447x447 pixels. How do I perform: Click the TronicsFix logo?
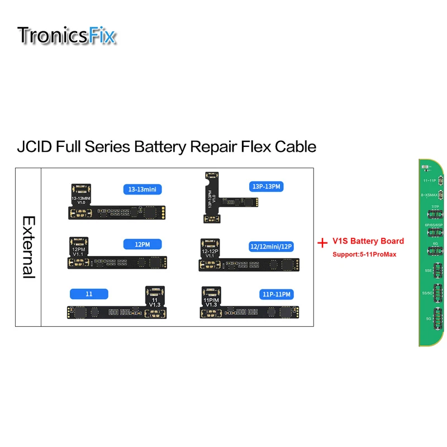click(x=67, y=35)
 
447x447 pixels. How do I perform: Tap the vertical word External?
click(x=28, y=247)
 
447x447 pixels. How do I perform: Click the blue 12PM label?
click(x=142, y=244)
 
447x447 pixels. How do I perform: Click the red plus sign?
click(x=322, y=243)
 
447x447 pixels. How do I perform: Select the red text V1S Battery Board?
click(x=368, y=241)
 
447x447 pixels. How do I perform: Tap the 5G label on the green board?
click(x=428, y=318)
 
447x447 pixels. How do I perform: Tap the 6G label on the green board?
click(x=435, y=244)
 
